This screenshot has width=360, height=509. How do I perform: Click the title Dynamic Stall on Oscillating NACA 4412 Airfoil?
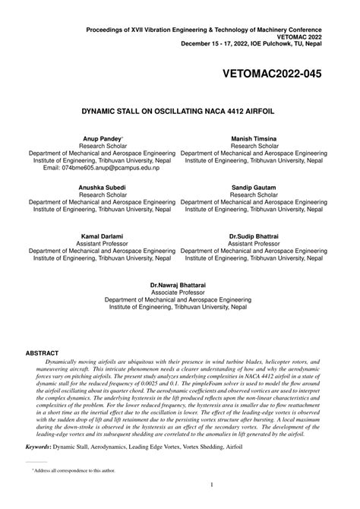[x=178, y=111]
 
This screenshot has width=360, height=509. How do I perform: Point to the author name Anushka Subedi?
[x=102, y=187]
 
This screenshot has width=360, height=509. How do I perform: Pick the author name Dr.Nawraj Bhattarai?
[x=178, y=284]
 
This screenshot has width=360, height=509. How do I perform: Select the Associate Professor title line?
[x=178, y=292]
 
